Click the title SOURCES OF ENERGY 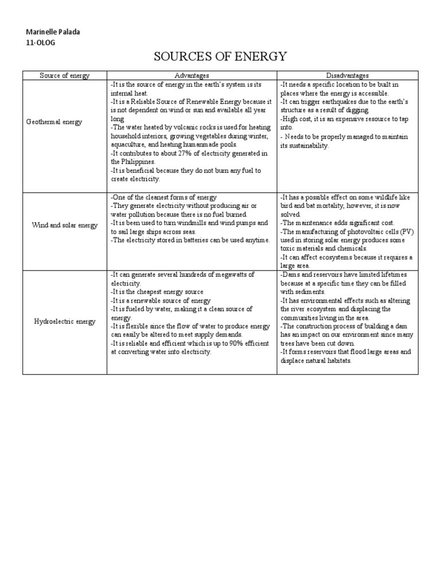coord(220,56)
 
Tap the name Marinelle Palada coord(53,32)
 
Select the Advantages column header coord(192,75)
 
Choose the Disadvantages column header coord(347,75)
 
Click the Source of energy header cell coord(64,75)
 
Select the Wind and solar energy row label coord(64,225)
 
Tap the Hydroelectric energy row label coord(64,321)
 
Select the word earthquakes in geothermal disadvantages coord(343,102)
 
